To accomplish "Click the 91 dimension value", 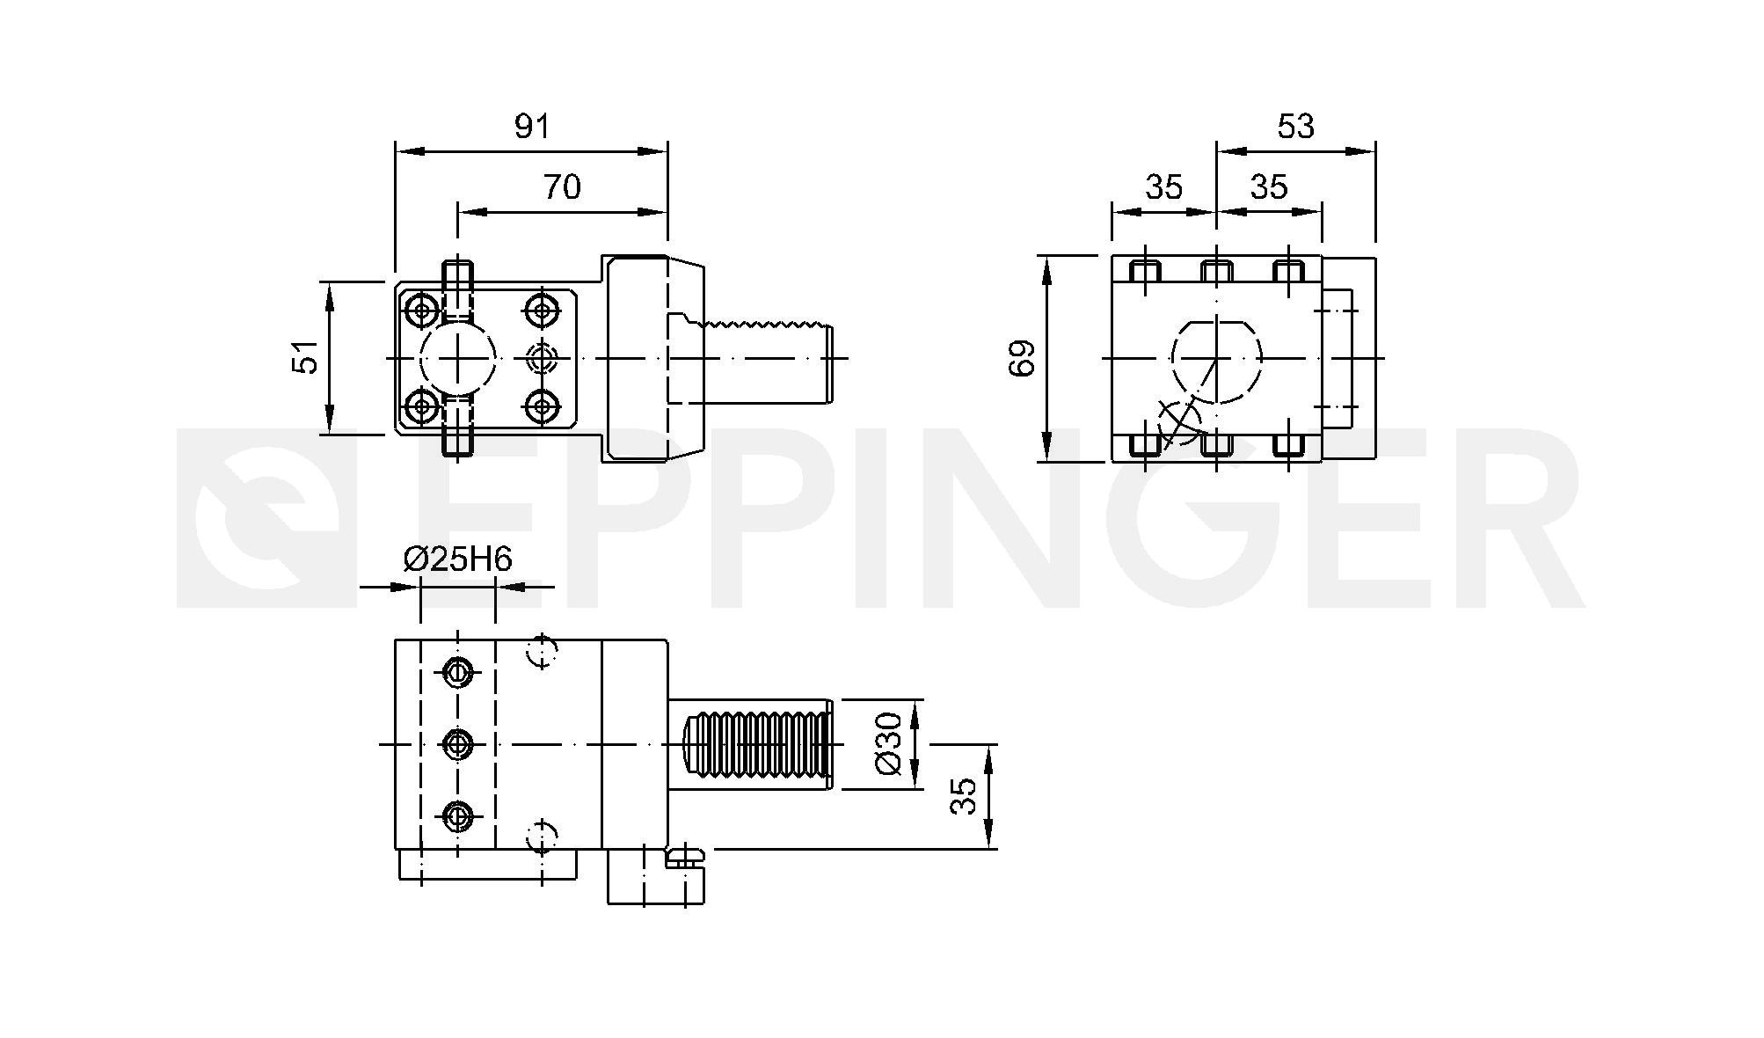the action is click(x=532, y=127).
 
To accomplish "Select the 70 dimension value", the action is click(x=562, y=187).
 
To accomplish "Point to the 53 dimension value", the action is click(x=1296, y=127).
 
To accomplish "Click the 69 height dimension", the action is click(x=1023, y=358).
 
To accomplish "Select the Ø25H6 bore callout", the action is click(x=457, y=559).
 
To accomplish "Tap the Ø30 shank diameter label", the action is click(x=889, y=743).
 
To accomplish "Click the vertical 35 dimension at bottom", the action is click(x=965, y=796).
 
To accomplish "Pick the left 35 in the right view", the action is click(x=1164, y=187).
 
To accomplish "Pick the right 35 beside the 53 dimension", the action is click(x=1269, y=187).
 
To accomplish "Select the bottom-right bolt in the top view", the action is click(x=542, y=406).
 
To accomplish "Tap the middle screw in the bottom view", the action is click(x=456, y=745).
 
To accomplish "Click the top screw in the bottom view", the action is click(x=456, y=673).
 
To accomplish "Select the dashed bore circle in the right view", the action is click(x=1217, y=359).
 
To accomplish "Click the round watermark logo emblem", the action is click(x=267, y=519).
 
